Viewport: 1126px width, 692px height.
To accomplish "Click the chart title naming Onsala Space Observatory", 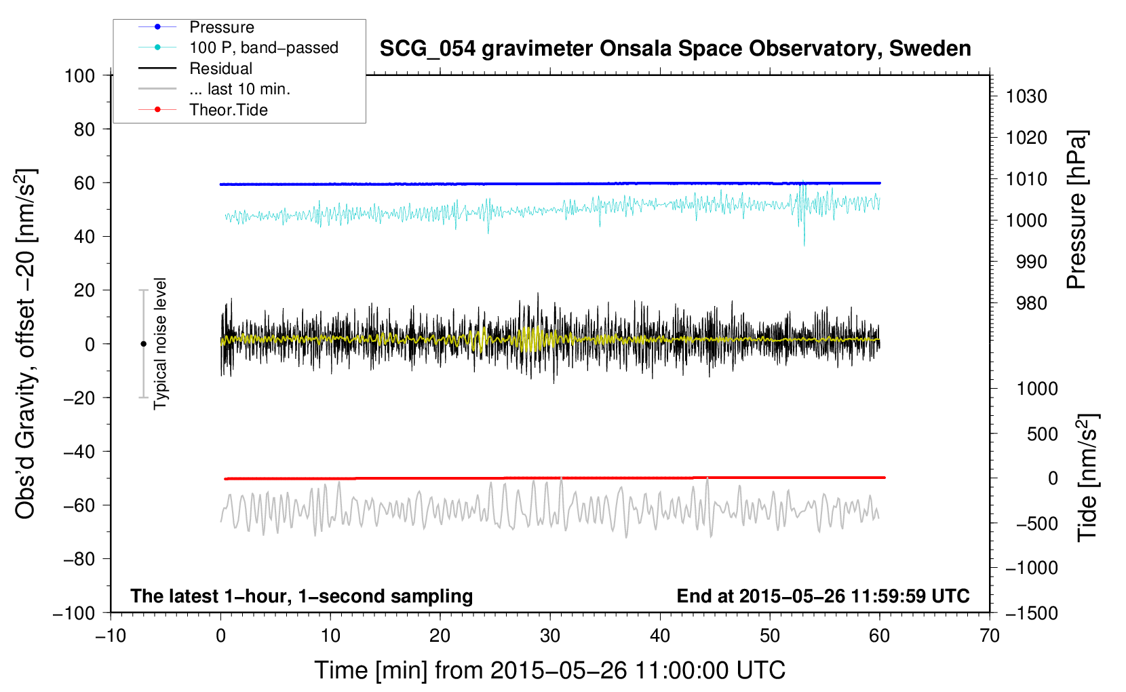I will (675, 49).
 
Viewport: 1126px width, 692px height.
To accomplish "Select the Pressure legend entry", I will (221, 27).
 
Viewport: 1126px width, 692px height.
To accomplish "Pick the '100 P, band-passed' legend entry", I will (263, 48).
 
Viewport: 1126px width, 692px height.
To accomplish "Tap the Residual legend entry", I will (220, 69).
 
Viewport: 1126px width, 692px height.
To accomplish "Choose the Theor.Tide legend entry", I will (228, 110).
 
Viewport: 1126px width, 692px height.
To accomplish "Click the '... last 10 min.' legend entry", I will (239, 89).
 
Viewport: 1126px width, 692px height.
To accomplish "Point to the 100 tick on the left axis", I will (79, 75).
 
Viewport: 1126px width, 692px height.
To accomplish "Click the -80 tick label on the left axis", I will (79, 559).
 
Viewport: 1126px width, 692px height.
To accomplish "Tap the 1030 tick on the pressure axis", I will (1026, 96).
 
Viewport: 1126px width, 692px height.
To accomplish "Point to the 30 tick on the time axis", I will (550, 636).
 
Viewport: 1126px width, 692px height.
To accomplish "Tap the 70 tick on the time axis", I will (990, 636).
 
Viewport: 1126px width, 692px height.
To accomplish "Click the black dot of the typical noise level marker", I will (143, 344).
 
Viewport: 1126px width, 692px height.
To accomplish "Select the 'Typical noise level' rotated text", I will (160, 343).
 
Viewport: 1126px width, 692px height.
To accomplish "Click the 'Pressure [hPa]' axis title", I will (1076, 210).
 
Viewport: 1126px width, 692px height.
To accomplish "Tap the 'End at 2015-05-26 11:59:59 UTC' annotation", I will (823, 596).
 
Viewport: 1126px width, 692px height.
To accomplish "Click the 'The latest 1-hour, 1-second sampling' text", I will (301, 596).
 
